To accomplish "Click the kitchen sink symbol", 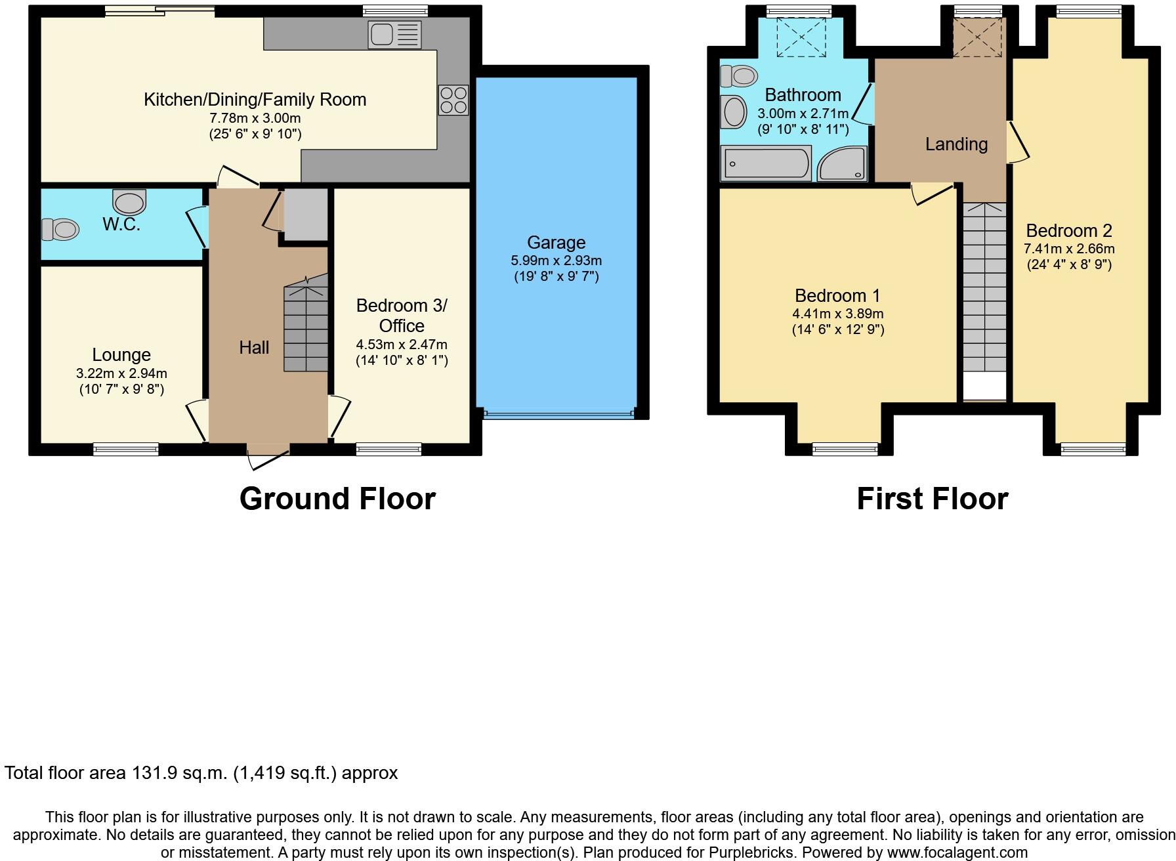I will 394,34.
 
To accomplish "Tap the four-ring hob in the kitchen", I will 453,100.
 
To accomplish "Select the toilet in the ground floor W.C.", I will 60,230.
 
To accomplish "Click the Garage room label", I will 556,243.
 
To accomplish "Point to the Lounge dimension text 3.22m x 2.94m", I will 121,373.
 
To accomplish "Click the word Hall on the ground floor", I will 254,348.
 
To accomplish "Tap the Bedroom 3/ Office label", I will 402,316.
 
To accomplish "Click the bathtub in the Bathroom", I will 766,163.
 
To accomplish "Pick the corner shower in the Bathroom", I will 843,163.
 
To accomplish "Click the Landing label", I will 956,144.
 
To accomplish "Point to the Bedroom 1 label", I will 837,295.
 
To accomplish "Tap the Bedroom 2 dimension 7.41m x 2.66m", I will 1069,249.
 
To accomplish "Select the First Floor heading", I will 932,499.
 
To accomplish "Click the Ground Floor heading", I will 337,499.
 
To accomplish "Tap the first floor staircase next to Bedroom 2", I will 984,289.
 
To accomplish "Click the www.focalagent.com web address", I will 942,852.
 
